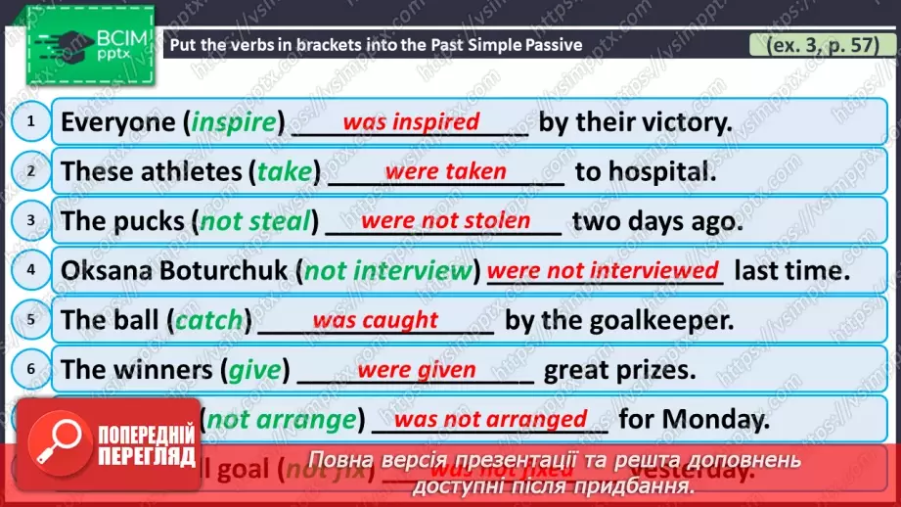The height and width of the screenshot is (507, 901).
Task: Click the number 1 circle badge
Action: [31, 121]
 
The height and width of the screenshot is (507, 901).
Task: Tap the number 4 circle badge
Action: [31, 269]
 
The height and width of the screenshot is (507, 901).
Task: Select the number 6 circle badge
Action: [31, 368]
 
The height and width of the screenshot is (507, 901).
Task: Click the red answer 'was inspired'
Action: [411, 122]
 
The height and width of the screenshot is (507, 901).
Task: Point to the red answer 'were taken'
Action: [445, 171]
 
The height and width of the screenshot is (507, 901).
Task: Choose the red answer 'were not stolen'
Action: [445, 221]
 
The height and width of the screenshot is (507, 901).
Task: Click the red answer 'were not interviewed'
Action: [603, 269]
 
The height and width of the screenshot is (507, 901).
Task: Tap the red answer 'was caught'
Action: [375, 320]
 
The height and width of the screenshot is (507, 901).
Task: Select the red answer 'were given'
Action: [417, 370]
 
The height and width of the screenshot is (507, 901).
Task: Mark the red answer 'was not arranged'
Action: [490, 420]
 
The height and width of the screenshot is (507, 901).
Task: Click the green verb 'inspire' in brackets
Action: [235, 122]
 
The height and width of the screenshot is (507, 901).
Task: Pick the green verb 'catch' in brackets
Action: [208, 320]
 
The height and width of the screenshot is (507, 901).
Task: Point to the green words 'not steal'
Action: [254, 221]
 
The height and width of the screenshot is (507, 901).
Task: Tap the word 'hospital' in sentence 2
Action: [654, 172]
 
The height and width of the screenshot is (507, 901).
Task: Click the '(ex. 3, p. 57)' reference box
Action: [815, 45]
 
